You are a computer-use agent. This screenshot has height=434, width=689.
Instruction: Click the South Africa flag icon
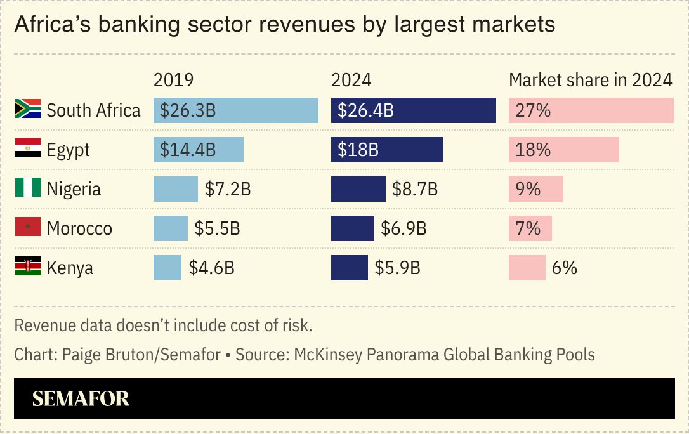coord(28,109)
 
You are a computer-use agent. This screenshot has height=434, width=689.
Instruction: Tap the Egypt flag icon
coord(28,149)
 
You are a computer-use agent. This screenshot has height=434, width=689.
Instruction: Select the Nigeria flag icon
coord(28,188)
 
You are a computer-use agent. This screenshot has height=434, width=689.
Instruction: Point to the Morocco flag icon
coord(28,228)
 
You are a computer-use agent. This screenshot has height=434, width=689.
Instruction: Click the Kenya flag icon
coord(28,267)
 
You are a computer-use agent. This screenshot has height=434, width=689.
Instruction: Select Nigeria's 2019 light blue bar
coord(176,189)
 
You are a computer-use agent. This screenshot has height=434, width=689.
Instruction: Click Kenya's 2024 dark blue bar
coord(349,268)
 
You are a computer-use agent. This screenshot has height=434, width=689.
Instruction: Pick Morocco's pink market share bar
coord(530,228)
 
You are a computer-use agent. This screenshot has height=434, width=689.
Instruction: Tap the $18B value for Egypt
coord(358,150)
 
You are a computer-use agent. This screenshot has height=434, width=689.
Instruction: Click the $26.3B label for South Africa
coord(188,110)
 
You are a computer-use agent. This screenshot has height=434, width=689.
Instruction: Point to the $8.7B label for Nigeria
coord(415,189)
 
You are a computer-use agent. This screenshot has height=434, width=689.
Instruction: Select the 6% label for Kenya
coord(564,268)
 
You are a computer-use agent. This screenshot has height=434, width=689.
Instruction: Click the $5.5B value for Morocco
coord(217,228)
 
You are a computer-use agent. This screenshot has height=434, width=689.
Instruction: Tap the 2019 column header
coord(173,80)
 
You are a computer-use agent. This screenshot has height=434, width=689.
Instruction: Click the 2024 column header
coord(351,80)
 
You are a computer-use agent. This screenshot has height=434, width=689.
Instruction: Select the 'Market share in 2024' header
coord(590,80)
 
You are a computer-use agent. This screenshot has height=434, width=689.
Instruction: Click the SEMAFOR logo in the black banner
coord(81,398)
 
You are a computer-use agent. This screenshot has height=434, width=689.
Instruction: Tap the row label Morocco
coord(79,228)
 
